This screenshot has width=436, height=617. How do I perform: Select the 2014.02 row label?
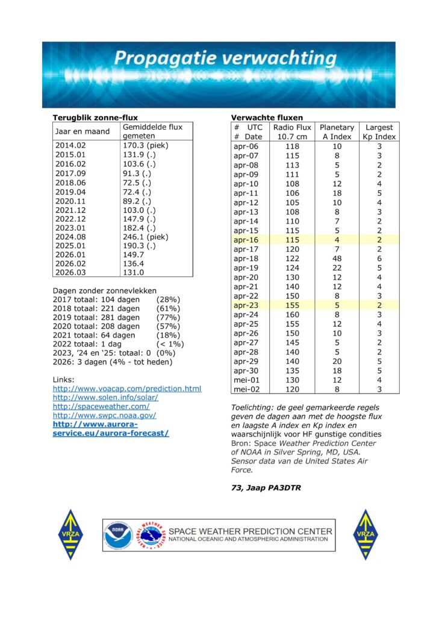(x=70, y=145)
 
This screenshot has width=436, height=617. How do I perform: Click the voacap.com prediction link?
(x=126, y=389)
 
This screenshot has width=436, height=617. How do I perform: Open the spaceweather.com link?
(x=101, y=407)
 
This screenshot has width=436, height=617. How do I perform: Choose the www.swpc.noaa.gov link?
(x=105, y=416)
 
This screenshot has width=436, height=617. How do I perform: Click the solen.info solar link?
(x=105, y=398)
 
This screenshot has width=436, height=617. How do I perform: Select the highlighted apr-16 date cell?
(x=246, y=240)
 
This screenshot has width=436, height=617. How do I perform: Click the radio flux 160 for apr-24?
(x=292, y=314)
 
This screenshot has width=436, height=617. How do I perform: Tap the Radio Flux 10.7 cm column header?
(x=292, y=132)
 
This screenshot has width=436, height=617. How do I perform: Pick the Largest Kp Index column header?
(x=379, y=132)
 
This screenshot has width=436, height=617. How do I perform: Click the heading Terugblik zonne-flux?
(x=95, y=117)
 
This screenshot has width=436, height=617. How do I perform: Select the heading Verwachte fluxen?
(x=267, y=117)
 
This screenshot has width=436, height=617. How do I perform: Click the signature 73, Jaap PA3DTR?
(x=266, y=488)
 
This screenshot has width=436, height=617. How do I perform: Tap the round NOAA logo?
(x=117, y=534)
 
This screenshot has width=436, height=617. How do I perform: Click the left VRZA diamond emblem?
(x=70, y=534)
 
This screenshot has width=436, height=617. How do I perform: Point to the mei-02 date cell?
(x=246, y=389)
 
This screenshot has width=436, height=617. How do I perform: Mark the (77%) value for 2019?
(x=168, y=318)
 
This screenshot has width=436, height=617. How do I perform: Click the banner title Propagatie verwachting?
(x=225, y=58)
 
